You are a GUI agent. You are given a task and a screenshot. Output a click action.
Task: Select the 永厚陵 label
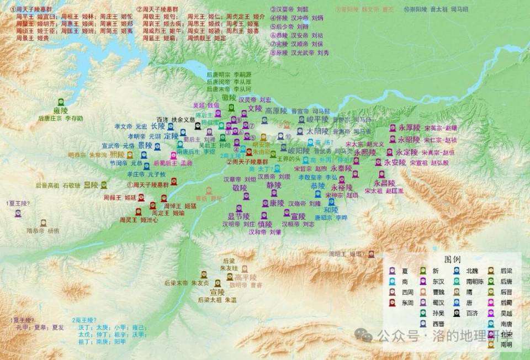point(409,128)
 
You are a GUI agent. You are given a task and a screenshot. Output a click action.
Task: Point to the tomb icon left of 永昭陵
point(393,140)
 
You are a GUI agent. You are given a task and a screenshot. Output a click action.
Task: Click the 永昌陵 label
point(385,183)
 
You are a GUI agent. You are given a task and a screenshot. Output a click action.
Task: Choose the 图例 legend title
point(452,258)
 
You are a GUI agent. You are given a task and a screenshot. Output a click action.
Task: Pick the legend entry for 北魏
point(472,271)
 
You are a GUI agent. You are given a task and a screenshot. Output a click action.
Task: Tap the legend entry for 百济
point(472,313)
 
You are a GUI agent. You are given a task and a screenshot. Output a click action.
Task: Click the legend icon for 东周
point(392,303)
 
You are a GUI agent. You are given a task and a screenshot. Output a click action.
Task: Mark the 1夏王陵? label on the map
point(18,203)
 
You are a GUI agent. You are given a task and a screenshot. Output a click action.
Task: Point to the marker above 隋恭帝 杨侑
point(43,223)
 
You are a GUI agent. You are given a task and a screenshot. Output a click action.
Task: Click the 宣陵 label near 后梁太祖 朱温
point(217,292)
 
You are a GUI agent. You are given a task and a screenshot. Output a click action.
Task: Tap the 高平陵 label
point(246,277)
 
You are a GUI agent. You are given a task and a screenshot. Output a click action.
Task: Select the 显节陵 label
point(239,215)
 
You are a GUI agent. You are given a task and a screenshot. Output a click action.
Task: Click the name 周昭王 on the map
point(338,254)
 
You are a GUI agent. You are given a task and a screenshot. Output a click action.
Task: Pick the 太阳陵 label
point(317,131)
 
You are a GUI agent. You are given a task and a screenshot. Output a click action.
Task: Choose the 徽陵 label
point(229,97)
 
